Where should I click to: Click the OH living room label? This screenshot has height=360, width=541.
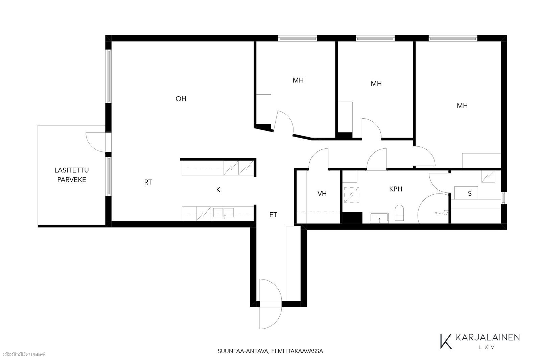[x=181, y=99]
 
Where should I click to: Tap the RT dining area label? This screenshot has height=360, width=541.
[x=148, y=182]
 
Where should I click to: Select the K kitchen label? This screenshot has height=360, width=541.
[x=218, y=190]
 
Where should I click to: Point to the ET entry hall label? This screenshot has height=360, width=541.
[x=273, y=215]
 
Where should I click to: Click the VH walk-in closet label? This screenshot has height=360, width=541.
[x=322, y=194]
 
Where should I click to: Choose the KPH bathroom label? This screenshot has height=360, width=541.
[x=396, y=189]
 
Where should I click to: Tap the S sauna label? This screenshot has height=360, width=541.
[x=470, y=193]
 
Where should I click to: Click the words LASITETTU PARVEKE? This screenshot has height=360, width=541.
[x=71, y=175]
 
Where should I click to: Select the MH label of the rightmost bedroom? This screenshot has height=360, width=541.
[x=462, y=106]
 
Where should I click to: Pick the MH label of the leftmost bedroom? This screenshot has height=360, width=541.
[x=298, y=80]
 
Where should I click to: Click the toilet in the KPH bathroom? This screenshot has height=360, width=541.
[x=399, y=213]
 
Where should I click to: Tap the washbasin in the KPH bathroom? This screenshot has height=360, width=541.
[x=379, y=217]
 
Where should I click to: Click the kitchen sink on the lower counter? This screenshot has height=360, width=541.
[x=223, y=213]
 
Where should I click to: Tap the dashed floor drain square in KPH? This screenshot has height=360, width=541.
[x=351, y=195]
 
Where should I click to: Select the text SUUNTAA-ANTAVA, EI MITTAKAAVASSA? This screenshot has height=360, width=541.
[x=270, y=351]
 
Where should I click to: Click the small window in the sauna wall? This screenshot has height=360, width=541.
[x=504, y=198]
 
